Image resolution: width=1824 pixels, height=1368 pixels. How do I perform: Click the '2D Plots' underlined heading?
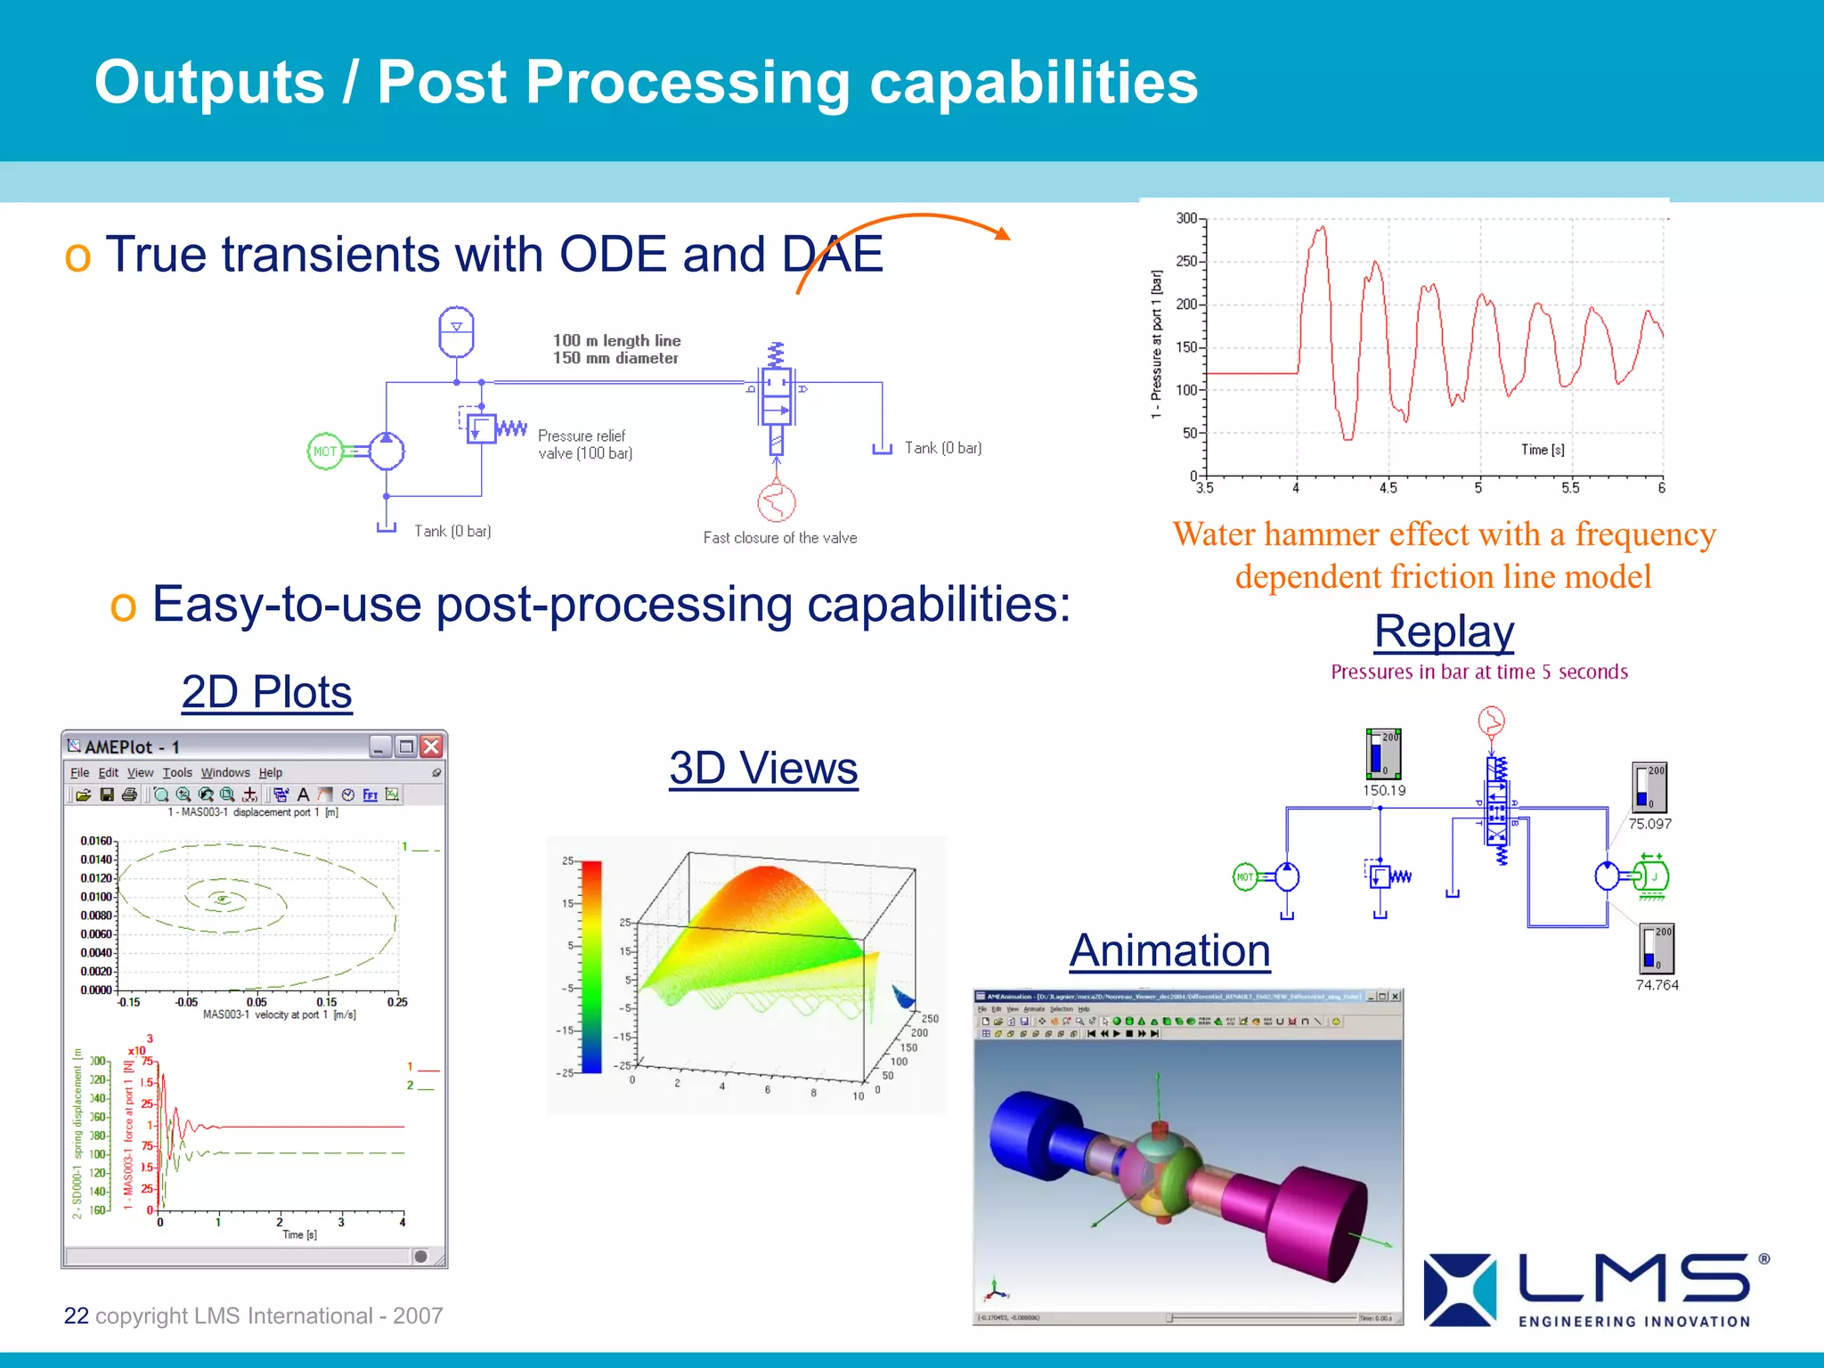[266, 692]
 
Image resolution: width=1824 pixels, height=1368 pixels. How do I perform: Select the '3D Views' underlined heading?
[763, 768]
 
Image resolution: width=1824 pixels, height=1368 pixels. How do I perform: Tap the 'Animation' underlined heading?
[1169, 950]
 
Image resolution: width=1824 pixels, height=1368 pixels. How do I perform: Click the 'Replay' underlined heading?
[1444, 631]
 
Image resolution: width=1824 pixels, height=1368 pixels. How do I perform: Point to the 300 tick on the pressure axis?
[1186, 218]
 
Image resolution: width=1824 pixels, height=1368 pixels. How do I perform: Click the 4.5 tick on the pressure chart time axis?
[1388, 487]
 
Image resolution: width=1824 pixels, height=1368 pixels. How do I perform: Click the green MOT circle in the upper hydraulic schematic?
[325, 452]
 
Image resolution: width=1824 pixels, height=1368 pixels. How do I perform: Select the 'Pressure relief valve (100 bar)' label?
[584, 444]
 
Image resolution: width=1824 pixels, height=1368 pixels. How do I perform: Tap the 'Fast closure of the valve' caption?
[779, 538]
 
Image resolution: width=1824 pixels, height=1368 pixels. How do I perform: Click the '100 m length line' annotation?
[616, 340]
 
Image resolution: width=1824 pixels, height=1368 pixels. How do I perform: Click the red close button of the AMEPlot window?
[432, 746]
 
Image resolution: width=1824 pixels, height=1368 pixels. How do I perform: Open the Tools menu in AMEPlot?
[177, 773]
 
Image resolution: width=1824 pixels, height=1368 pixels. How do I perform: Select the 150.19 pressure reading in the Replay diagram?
[1383, 791]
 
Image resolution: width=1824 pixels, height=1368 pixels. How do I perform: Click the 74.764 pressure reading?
[1657, 985]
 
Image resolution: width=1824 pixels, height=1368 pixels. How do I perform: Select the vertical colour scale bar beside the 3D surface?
[590, 966]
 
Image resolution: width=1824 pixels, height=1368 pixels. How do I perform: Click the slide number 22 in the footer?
[76, 1315]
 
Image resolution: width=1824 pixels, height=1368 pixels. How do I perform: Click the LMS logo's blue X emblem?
[1460, 1289]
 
